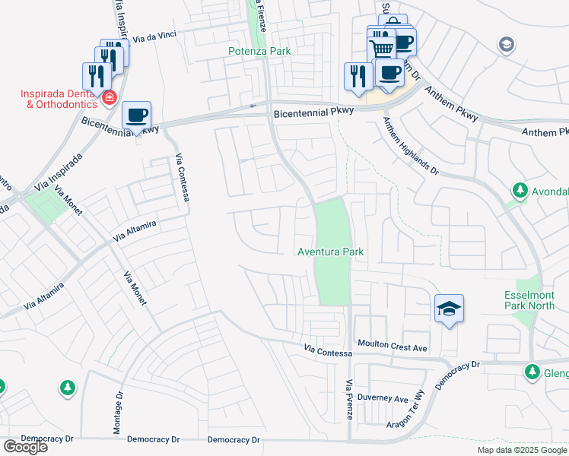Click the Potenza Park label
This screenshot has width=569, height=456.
coord(260,51)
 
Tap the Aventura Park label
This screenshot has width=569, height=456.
coord(331,252)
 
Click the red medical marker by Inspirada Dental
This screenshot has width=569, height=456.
coord(110,97)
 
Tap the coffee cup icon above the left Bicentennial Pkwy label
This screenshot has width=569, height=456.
coord(136,116)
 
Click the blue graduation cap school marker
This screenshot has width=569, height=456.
coord(449,309)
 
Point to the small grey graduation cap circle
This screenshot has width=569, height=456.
coord(505,45)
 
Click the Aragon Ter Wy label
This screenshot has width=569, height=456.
coord(410,424)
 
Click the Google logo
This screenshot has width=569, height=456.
coord(25,447)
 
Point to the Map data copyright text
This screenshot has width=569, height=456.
coord(522,450)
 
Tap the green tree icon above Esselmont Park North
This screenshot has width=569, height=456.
coord(520,190)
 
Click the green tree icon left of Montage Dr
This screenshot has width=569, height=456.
coord(68,388)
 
